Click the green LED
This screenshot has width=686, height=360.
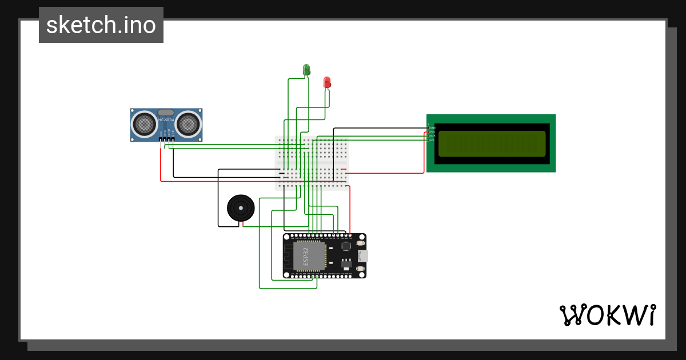point(306,70)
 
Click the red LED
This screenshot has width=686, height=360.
point(327,82)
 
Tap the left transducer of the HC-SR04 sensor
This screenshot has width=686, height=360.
point(144,123)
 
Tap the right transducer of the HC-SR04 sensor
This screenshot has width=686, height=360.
point(188,123)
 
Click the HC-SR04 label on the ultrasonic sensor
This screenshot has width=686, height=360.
point(166,119)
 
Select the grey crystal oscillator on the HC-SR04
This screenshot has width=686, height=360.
point(166,113)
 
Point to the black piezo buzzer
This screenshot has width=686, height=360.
point(240,207)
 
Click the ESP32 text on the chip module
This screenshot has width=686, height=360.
point(306,257)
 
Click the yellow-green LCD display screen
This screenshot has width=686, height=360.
point(492,143)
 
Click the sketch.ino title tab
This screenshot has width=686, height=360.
point(101,25)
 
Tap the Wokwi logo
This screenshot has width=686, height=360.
point(607,315)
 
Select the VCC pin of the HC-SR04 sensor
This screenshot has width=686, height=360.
point(161,139)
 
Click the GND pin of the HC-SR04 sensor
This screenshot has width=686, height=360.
point(173,139)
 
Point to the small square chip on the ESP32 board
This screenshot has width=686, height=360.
point(346,246)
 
